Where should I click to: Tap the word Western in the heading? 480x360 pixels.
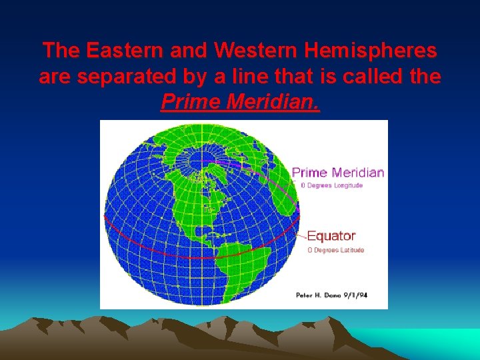(x=245, y=50)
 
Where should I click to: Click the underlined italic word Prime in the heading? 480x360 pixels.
(x=189, y=103)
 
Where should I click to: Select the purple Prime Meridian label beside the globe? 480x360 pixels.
(x=338, y=172)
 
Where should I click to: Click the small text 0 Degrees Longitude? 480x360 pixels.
(x=331, y=185)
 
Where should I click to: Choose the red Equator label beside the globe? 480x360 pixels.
(x=331, y=236)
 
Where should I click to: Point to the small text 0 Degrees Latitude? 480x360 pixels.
(x=335, y=250)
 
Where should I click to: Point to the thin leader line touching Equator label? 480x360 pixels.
(x=302, y=235)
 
